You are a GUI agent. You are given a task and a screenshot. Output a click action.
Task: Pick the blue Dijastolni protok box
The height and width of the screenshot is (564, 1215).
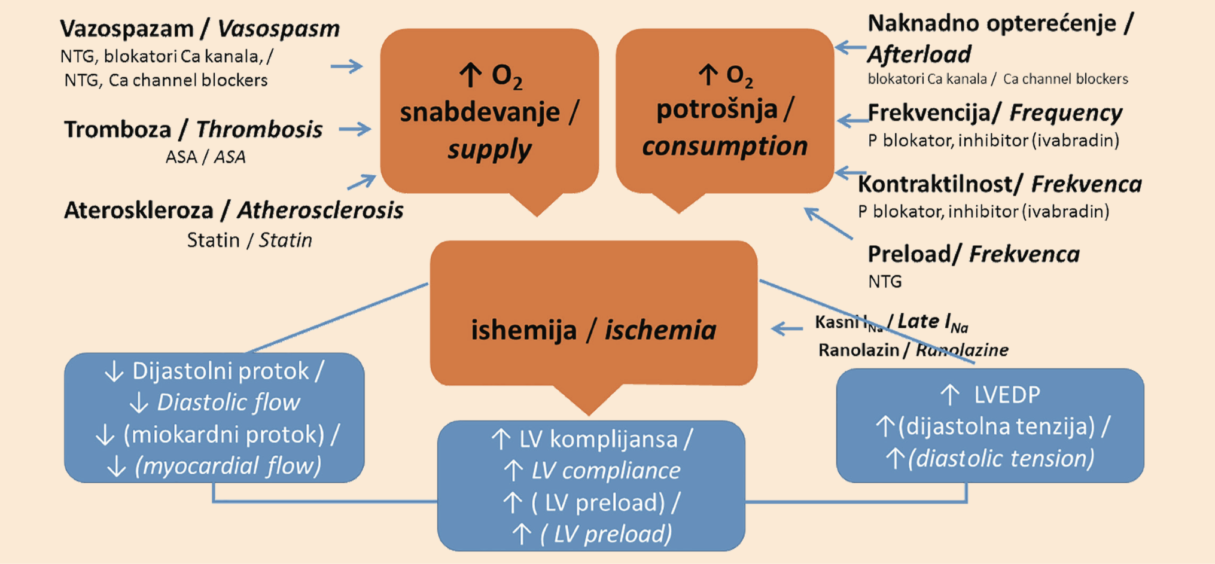[214, 417]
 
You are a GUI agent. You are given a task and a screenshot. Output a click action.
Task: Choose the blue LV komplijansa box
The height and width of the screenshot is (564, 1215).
[591, 486]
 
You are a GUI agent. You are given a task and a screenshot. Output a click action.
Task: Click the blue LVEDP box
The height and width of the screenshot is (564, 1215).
[990, 425]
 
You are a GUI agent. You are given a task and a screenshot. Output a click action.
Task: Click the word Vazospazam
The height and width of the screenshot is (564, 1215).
[127, 28]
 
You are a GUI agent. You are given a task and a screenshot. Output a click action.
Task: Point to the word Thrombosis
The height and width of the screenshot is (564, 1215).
[259, 129]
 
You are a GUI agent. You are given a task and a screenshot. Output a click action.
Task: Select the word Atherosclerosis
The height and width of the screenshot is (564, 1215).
[320, 210]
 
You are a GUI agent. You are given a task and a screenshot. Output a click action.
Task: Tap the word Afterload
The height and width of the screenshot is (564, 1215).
[919, 54]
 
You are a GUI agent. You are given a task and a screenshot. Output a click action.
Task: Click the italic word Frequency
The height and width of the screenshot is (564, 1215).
[1065, 113]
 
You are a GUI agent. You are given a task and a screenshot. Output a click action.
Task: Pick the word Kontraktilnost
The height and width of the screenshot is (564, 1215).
[941, 184]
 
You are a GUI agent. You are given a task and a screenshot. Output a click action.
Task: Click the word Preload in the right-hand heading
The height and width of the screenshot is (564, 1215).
[910, 254]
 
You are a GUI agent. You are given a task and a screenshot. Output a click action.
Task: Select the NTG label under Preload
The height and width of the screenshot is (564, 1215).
[885, 281]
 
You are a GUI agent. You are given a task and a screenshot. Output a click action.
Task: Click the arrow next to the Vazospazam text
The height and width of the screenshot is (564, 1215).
[347, 66]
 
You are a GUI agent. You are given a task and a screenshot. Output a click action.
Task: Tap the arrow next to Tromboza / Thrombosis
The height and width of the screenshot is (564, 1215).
[355, 129]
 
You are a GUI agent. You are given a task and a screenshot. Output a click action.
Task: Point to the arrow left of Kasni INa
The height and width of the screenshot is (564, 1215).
[787, 328]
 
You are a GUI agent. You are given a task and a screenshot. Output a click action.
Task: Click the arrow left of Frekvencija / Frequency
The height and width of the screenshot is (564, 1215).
[852, 121]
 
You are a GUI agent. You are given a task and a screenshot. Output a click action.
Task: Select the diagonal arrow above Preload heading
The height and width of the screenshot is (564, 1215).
[828, 223]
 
